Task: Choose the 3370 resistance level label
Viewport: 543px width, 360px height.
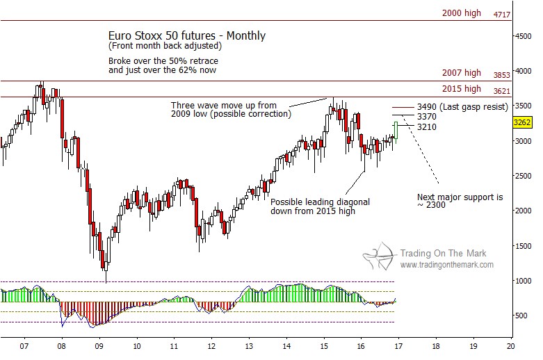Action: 428,116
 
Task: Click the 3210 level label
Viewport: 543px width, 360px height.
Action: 428,126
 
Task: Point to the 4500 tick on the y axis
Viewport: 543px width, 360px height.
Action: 524,37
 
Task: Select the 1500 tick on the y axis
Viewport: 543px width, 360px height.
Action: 524,246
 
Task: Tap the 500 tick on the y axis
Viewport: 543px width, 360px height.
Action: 521,316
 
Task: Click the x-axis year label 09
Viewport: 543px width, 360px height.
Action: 99,345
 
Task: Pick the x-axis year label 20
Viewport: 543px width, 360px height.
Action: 510,345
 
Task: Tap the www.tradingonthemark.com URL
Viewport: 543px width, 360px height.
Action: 447,265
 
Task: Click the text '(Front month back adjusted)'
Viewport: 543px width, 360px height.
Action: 165,46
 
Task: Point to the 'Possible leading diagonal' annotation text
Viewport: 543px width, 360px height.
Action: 320,202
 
